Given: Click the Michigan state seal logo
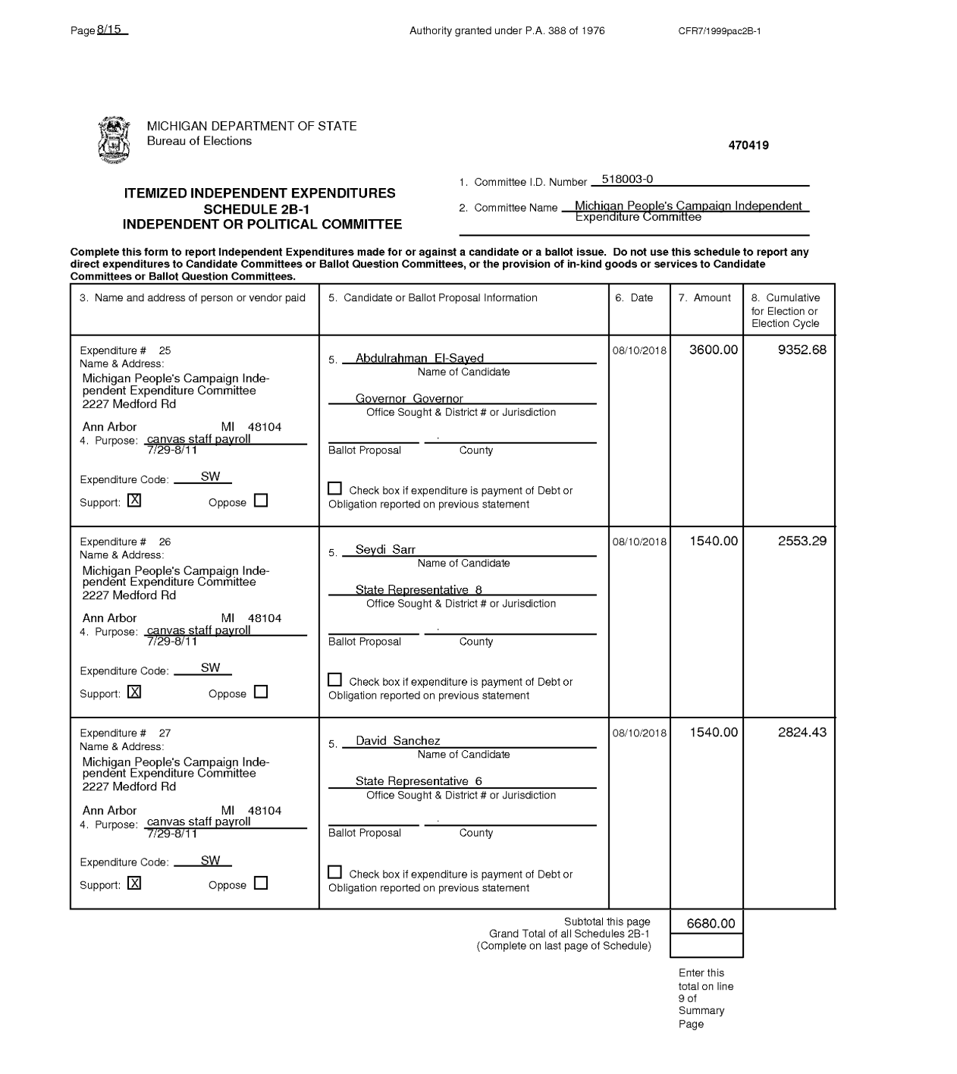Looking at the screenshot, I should click(x=114, y=140).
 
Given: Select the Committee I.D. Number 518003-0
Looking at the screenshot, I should click(x=627, y=180).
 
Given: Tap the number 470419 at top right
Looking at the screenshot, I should click(x=748, y=146).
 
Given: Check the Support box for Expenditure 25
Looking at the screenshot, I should click(x=134, y=501).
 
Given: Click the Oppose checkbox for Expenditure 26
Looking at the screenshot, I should click(x=261, y=692).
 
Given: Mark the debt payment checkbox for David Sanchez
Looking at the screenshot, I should click(x=335, y=872).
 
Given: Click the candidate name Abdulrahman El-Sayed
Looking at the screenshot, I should click(x=419, y=358).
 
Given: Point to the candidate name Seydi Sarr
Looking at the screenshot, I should click(x=385, y=549).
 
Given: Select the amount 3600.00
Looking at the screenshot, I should click(x=713, y=350).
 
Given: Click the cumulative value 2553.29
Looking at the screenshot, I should click(x=802, y=541).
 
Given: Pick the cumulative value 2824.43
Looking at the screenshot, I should click(x=802, y=732).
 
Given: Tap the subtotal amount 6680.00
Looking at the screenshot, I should click(x=711, y=923).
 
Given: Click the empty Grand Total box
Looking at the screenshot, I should click(x=707, y=945).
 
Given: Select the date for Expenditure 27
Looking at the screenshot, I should click(x=639, y=733).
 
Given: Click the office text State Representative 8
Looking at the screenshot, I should click(x=419, y=589).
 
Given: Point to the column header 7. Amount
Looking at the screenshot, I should click(x=704, y=298).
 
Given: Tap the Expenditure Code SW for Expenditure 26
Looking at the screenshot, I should click(x=210, y=667).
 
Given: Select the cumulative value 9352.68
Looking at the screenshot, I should click(x=802, y=350).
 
